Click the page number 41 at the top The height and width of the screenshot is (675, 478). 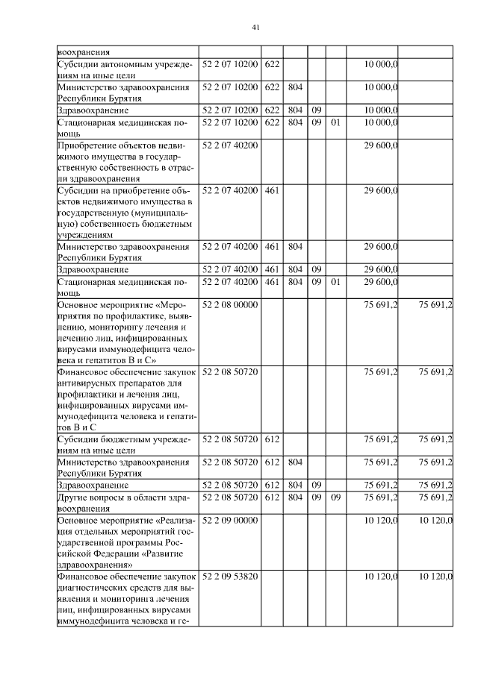[x=255, y=28]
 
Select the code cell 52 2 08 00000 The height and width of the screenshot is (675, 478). [x=230, y=306]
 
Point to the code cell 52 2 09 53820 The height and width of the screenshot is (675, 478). [x=230, y=577]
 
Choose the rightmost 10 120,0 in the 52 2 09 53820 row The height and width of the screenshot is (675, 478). [x=436, y=577]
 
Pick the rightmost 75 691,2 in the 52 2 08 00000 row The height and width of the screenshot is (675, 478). [x=436, y=306]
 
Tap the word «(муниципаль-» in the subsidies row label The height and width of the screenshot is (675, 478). [x=162, y=213]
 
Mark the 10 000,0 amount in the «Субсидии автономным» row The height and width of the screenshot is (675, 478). [x=381, y=65]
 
